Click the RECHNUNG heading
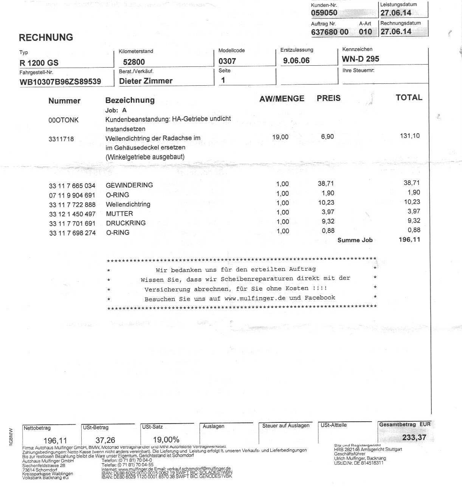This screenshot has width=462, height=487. coord(46,37)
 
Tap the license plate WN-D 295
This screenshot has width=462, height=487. coord(360,59)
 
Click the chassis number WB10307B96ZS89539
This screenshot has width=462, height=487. coord(60,82)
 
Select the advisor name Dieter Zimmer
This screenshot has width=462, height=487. coord(146,81)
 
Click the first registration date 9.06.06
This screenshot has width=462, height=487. coord(296,60)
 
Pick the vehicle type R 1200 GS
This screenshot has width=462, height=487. coord(39,63)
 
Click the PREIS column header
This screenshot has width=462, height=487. coord(329,99)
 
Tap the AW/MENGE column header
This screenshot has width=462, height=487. coord(282,99)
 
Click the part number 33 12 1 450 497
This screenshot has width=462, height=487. coord(72,214)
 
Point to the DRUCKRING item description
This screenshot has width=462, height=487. coord(126,223)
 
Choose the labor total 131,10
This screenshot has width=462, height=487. coord(410,136)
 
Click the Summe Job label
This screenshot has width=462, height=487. coord(355,240)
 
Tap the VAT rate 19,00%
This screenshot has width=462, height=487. coord(166,440)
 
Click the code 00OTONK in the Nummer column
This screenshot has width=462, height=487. coord(64,120)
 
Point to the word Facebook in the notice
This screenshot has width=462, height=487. coord(320,297)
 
